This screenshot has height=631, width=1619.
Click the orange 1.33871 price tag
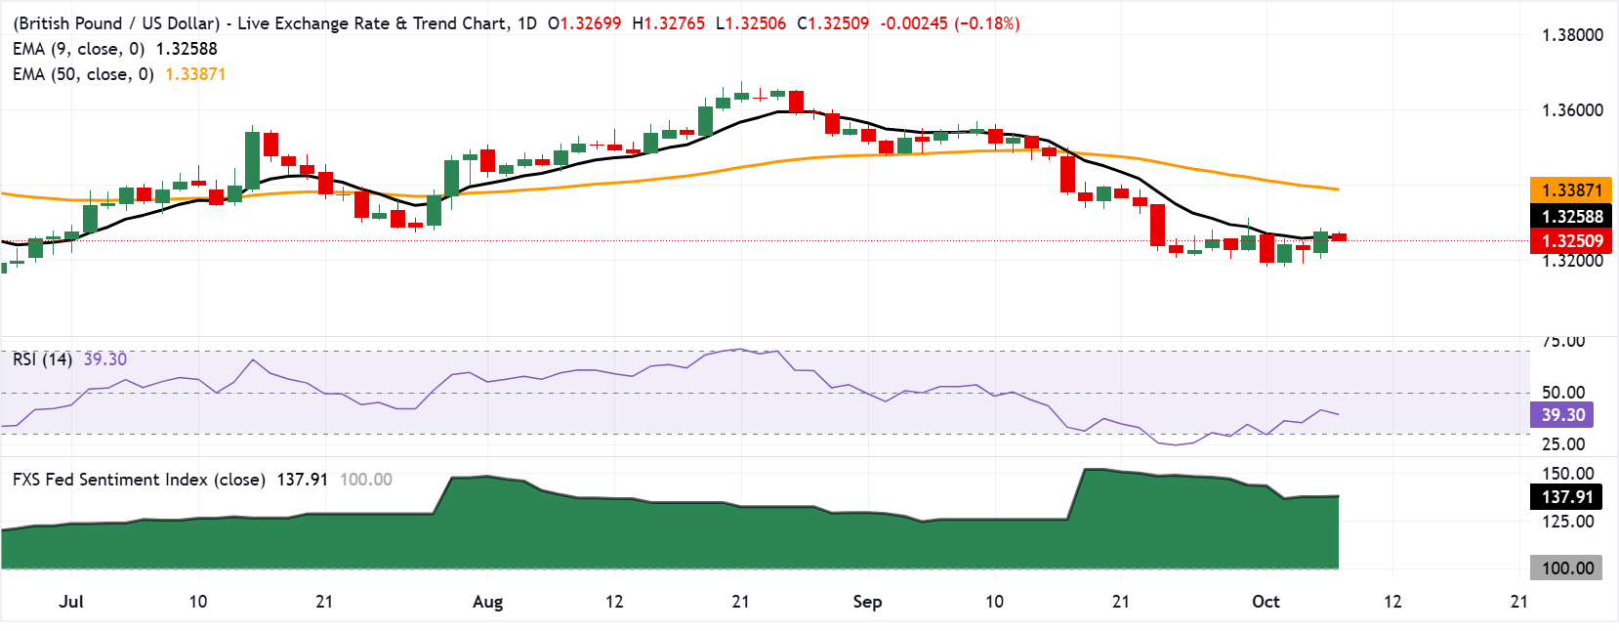tap(1571, 190)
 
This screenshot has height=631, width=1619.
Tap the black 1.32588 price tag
tap(1571, 216)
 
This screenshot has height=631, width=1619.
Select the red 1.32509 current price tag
tap(1571, 240)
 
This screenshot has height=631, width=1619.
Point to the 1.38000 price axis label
tap(1572, 35)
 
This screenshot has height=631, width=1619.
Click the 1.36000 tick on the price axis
tap(1572, 109)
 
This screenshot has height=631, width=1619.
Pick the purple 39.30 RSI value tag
tap(1562, 415)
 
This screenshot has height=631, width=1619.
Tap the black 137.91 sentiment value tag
tap(1566, 496)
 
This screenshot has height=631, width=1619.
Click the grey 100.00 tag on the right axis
tap(1566, 568)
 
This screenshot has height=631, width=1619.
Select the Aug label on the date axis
tap(488, 602)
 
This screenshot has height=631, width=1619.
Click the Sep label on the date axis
tap(867, 602)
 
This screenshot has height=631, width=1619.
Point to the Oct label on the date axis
tap(1266, 602)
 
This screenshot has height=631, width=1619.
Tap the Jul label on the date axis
tap(71, 602)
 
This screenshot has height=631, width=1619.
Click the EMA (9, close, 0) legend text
tap(79, 49)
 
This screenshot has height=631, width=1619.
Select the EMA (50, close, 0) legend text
tap(83, 74)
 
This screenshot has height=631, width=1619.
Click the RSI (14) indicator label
tap(43, 359)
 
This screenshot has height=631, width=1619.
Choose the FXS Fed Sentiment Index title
tap(139, 480)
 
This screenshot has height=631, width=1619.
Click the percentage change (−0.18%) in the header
tap(987, 23)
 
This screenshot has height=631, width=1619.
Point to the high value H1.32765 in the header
tap(669, 23)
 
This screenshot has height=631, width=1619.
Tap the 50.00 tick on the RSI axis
tap(1563, 393)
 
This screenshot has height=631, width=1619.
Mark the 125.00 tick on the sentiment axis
tap(1567, 522)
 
